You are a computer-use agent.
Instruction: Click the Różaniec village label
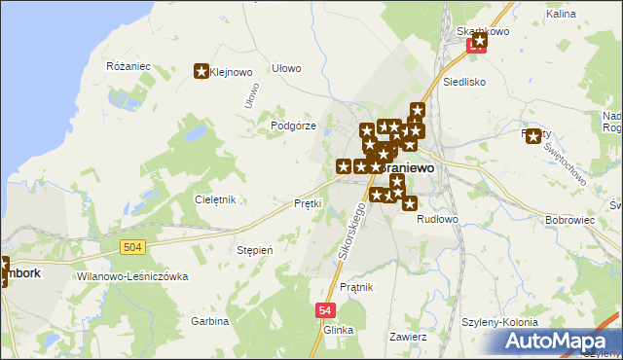point(128,65)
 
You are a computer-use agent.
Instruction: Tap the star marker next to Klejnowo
point(202,71)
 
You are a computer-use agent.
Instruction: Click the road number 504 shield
point(134,248)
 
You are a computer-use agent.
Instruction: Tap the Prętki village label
point(308,203)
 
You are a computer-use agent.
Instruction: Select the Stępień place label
point(254,250)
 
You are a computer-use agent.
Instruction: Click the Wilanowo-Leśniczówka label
point(131,276)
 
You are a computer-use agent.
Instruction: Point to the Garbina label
point(209,320)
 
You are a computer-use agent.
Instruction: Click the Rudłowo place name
point(437,219)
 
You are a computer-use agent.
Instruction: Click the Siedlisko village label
point(464,83)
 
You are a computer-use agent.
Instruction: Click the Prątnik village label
point(360,287)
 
